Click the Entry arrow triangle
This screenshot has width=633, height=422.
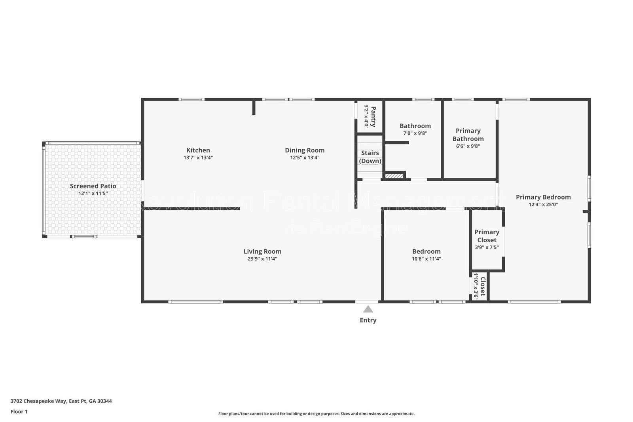click(x=368, y=309)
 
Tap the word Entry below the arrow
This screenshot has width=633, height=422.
click(x=368, y=320)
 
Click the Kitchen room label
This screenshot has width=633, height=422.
click(x=198, y=150)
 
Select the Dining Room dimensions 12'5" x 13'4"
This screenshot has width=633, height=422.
click(x=305, y=158)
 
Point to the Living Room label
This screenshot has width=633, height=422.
click(x=262, y=251)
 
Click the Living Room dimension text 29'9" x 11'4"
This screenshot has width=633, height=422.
click(x=262, y=259)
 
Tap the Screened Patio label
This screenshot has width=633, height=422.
click(x=93, y=186)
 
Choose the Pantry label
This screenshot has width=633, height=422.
click(x=373, y=116)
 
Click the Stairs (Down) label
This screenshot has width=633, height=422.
click(x=370, y=157)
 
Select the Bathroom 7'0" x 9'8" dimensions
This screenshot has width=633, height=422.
click(x=415, y=133)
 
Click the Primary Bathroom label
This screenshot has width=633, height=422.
click(x=468, y=135)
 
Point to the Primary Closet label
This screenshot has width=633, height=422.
click(x=487, y=236)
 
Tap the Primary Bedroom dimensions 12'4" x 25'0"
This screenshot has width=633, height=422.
click(x=543, y=205)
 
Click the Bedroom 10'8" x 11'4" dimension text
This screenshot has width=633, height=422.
click(x=426, y=259)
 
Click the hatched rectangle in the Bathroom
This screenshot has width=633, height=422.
click(x=394, y=176)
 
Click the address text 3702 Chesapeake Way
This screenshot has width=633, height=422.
click(x=61, y=401)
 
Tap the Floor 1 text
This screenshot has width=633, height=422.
click(x=19, y=412)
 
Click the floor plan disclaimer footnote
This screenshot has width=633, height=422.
click(x=316, y=414)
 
